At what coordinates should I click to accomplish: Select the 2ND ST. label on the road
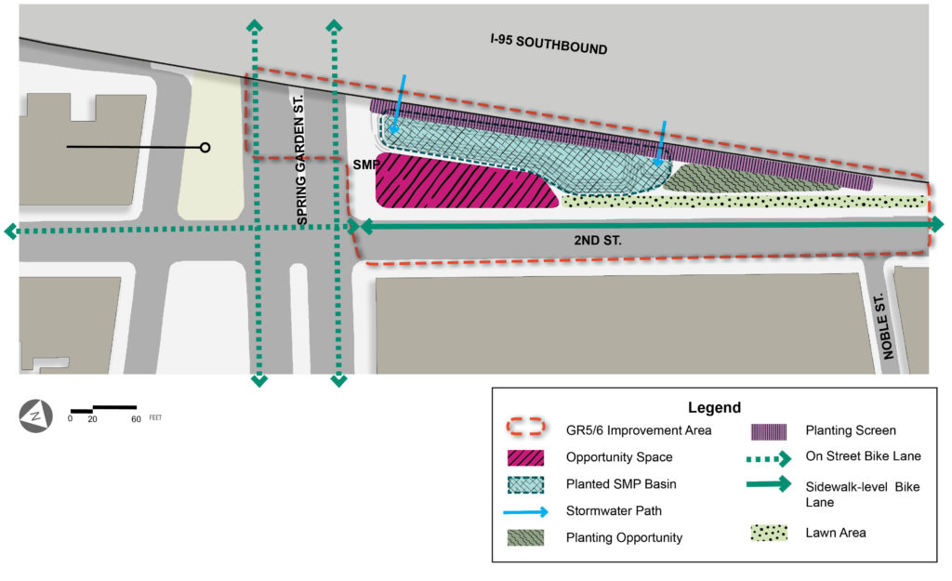pyautogui.click(x=597, y=240)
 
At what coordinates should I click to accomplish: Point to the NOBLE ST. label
pyautogui.click(x=881, y=325)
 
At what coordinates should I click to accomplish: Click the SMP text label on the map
pyautogui.click(x=364, y=164)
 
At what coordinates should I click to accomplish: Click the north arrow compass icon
pyautogui.click(x=36, y=416)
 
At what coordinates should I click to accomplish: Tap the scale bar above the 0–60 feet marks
pyautogui.click(x=104, y=408)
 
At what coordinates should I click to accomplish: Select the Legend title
pyautogui.click(x=714, y=407)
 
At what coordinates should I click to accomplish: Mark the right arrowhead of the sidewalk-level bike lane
pyautogui.click(x=936, y=224)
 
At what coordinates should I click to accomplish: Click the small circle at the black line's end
pyautogui.click(x=205, y=147)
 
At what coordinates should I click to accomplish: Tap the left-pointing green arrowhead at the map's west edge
pyautogui.click(x=11, y=231)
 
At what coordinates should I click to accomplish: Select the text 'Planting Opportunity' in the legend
pyautogui.click(x=624, y=537)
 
